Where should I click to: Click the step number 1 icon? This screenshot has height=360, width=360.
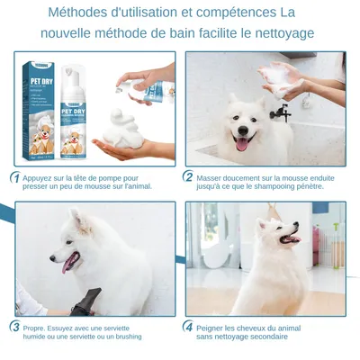[x=15, y=177]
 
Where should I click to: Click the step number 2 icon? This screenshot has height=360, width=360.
[x=189, y=177]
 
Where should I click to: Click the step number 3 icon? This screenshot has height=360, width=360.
[x=15, y=327]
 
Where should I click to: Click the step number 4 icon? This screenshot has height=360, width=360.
[x=189, y=327]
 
